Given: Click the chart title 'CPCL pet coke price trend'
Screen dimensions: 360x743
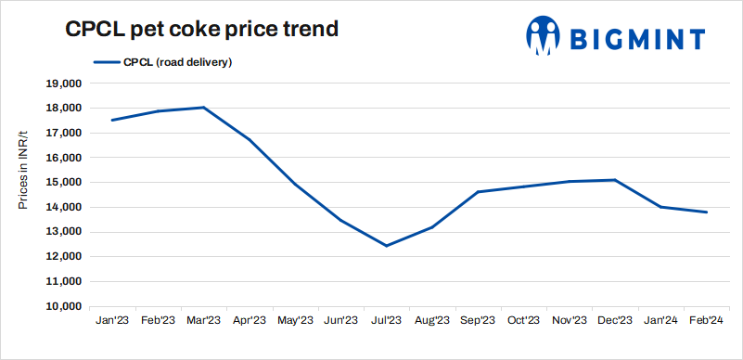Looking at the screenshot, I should (200, 29).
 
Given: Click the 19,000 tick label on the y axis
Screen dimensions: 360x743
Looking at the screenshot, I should (64, 84).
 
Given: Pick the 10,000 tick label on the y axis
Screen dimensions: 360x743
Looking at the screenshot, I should (64, 306).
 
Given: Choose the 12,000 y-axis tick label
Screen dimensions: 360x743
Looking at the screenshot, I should (64, 257).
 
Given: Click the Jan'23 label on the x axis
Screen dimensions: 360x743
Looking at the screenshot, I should (113, 321).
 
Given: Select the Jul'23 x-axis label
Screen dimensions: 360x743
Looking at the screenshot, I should (387, 321).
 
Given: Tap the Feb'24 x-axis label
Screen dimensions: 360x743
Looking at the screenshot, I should (707, 321).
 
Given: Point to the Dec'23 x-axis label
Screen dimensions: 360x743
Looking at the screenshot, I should (615, 321).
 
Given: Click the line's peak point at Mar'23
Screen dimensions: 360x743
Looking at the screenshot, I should (204, 108).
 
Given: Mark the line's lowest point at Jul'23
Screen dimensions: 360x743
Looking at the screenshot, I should (387, 246).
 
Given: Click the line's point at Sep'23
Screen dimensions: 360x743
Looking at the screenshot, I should (478, 192).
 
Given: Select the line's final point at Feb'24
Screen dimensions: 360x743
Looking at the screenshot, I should (707, 212).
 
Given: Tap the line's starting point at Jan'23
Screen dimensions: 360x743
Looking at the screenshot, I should (112, 120).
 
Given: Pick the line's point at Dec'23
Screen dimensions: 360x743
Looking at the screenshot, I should (615, 180).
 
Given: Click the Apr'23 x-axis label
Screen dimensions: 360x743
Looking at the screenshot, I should (250, 321).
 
